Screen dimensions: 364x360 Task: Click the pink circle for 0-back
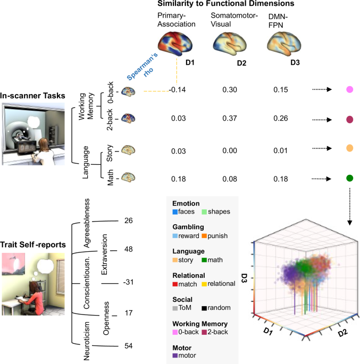pos(350,90)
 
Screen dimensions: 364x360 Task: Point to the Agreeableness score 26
pos(128,221)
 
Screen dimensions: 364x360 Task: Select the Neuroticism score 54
pos(128,346)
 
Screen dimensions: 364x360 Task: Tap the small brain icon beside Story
pos(128,150)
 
